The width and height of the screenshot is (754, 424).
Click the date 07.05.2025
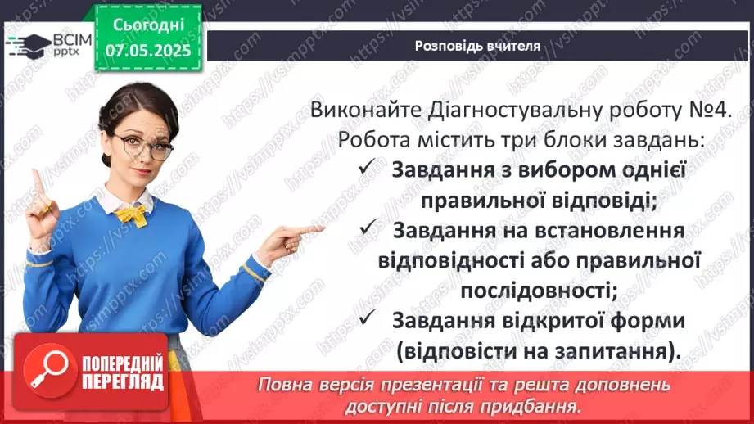tap(147, 51)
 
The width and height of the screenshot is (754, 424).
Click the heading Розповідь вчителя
tap(477, 46)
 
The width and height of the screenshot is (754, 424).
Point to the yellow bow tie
tap(133, 214)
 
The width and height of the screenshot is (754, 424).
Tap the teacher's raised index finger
tap(35, 179)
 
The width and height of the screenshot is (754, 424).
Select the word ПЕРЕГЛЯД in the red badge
tap(123, 381)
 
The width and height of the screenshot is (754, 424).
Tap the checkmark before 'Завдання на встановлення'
tap(367, 230)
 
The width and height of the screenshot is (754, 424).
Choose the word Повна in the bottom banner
tap(285, 385)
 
